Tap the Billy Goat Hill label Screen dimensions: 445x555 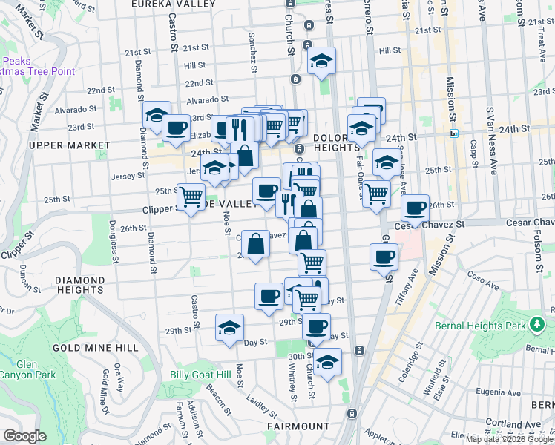coord(200,375)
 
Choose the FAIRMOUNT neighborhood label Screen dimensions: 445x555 coord(298,426)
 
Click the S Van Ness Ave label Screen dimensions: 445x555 coord(490,126)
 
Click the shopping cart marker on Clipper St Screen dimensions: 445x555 coord(191,197)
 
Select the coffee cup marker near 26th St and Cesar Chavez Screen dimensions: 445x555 coord(416,207)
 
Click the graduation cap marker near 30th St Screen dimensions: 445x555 coord(327,361)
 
